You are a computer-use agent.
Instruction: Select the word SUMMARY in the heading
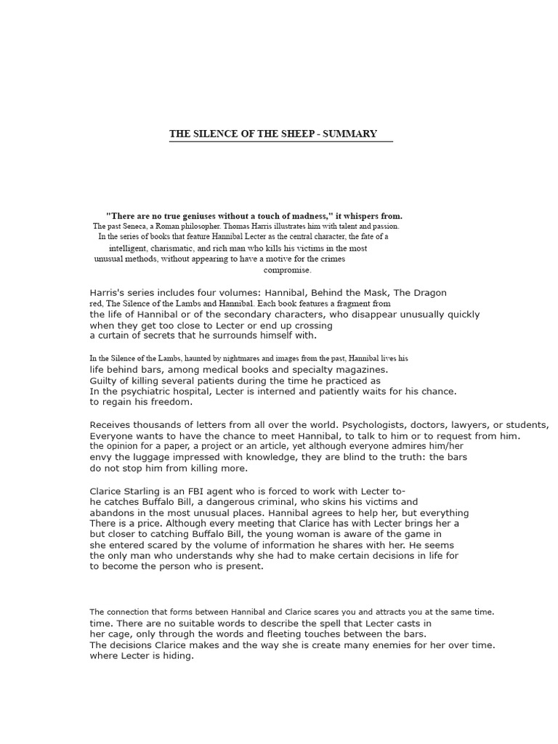tap(352, 134)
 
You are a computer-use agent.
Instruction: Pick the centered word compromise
tap(287, 270)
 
